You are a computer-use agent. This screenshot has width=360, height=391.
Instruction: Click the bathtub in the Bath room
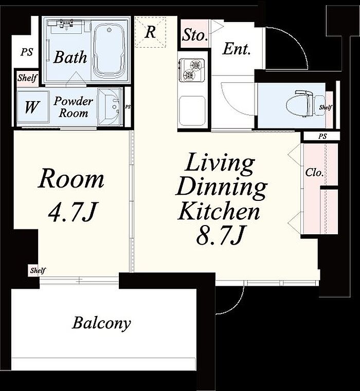109,51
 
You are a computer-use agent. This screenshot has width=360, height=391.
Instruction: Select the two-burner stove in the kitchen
192,70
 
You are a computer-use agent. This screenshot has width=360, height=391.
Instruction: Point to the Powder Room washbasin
110,107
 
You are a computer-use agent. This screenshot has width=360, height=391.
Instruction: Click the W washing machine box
32,107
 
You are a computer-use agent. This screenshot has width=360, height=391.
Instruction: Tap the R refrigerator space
150,32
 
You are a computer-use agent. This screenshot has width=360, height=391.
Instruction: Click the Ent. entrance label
236,49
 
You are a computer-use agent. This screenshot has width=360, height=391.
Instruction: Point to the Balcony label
101,323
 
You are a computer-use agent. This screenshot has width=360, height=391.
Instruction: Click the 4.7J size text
72,212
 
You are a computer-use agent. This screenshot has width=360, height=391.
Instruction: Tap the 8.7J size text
220,235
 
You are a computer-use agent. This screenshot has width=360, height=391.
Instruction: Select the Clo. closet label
314,172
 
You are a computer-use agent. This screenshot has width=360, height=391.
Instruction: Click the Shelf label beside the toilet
326,107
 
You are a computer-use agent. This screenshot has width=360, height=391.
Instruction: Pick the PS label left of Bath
27,52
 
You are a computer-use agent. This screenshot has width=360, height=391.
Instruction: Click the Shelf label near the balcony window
38,270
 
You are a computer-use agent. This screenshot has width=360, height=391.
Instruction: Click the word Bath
70,57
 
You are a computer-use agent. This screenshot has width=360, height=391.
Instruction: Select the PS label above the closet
322,136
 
